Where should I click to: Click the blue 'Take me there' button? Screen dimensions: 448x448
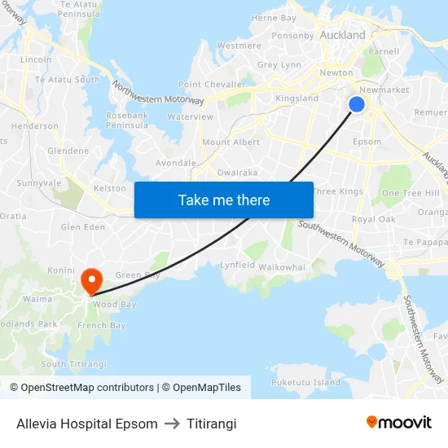click(x=224, y=200)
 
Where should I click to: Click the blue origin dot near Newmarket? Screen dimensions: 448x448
click(x=357, y=104)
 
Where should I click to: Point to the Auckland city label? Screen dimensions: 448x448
click(x=343, y=36)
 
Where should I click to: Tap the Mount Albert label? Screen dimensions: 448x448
click(x=231, y=143)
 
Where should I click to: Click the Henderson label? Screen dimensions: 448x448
click(x=35, y=126)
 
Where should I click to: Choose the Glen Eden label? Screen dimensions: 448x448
click(x=83, y=227)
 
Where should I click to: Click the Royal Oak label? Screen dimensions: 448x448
click(x=374, y=220)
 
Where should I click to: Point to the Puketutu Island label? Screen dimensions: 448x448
click(x=305, y=382)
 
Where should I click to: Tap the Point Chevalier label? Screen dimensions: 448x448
click(x=212, y=85)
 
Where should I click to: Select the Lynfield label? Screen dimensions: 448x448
click(x=238, y=266)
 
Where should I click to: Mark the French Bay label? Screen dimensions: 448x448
click(x=101, y=326)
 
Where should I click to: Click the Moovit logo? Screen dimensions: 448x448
click(x=398, y=423)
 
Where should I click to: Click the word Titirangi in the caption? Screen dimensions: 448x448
click(x=211, y=424)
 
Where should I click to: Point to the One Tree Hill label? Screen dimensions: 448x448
click(x=411, y=193)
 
